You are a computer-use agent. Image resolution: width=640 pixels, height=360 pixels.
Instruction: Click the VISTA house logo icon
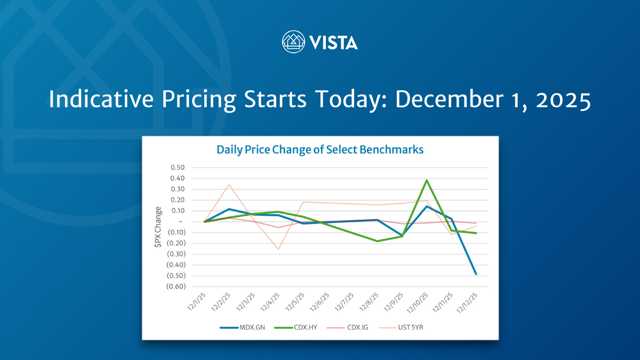point(293,42)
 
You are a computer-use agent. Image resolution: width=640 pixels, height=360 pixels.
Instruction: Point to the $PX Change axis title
point(158,227)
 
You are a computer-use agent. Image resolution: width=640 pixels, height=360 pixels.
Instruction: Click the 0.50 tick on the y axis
point(178,167)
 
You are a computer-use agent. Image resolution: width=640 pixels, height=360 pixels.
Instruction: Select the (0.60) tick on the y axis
point(175,286)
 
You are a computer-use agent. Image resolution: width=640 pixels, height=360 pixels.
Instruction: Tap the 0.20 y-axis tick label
point(178,200)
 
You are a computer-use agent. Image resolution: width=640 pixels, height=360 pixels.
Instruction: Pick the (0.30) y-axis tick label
point(175,254)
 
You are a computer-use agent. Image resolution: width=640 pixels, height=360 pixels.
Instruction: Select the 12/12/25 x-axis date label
point(467,303)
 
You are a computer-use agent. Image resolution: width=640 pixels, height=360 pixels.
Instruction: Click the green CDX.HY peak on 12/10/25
point(427,180)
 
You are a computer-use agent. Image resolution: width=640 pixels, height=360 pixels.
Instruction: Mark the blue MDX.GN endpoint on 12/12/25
point(476,274)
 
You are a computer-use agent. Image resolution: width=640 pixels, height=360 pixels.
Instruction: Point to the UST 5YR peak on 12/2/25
point(229,185)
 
